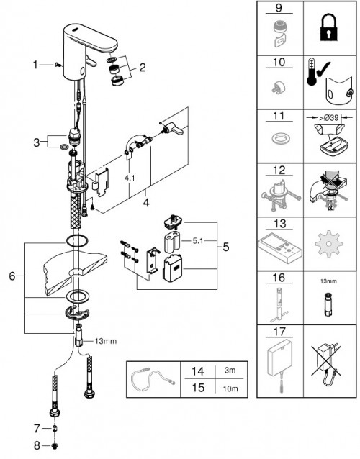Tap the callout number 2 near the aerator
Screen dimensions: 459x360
(142, 68)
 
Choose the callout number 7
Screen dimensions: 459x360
(37, 429)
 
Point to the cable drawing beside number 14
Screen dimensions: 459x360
(153, 380)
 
